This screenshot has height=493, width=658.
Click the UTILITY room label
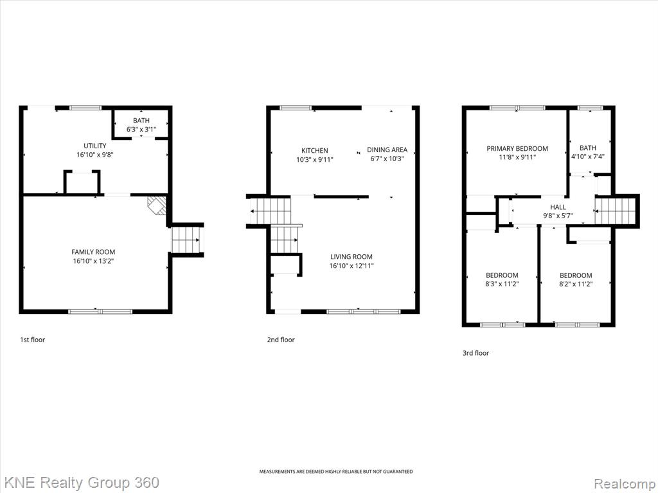click(95, 146)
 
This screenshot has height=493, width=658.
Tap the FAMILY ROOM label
click(93, 252)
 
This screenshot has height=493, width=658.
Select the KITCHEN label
click(315, 150)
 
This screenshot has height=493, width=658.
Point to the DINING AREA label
click(387, 150)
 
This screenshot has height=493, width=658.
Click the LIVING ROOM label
click(351, 257)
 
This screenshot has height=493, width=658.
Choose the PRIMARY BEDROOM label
click(517, 148)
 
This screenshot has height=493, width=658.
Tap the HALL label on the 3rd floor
click(558, 207)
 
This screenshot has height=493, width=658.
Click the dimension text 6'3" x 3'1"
click(141, 130)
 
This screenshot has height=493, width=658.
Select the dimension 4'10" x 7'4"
click(587, 157)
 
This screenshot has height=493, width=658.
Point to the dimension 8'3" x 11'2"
click(502, 284)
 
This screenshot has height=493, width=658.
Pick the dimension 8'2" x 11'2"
click(575, 284)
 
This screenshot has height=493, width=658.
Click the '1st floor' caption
click(32, 340)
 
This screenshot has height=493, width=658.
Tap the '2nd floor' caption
click(281, 340)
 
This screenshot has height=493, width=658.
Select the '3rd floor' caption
click(476, 353)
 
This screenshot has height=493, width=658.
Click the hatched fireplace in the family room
click(157, 205)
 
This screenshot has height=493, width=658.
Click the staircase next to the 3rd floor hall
click(616, 211)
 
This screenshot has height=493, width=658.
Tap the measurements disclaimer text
click(335, 472)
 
